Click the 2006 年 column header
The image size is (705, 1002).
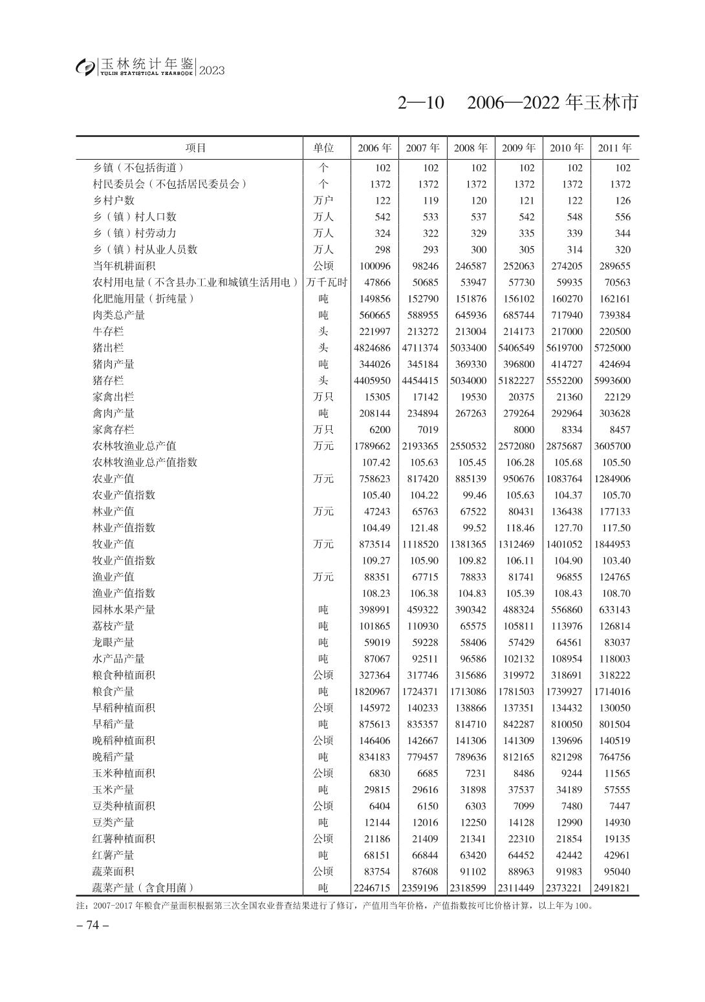(374, 148)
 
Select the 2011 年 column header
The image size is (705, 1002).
(614, 148)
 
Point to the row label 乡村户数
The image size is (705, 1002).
(114, 200)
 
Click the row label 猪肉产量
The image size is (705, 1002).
(114, 364)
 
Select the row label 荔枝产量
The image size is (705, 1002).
(114, 626)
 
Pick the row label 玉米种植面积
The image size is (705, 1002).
(124, 773)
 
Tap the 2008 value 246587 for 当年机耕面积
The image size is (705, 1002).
(470, 266)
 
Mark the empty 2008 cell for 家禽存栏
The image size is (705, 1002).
(470, 430)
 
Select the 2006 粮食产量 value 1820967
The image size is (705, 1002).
(374, 692)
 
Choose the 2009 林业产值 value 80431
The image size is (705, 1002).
(519, 511)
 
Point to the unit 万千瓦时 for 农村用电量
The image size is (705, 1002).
(327, 282)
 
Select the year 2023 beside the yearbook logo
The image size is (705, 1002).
(212, 70)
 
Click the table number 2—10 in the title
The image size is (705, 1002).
(421, 103)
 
